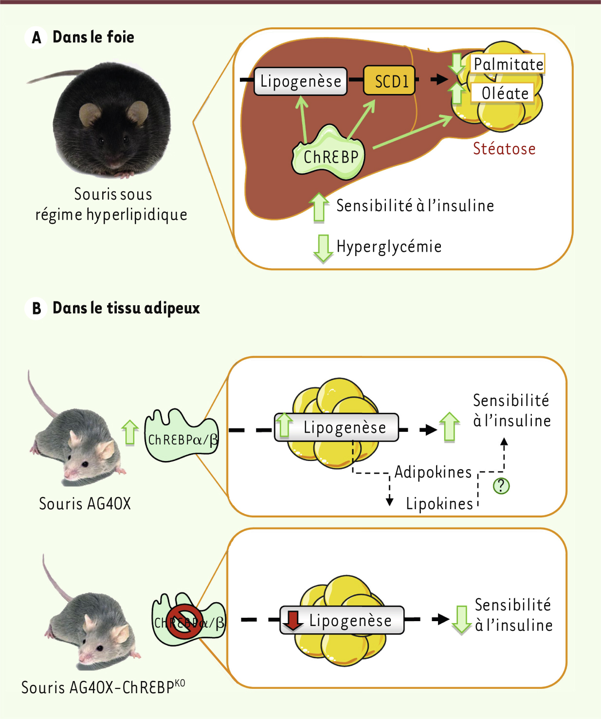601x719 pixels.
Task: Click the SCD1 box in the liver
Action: (x=389, y=80)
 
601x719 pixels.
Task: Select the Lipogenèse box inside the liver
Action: (x=300, y=81)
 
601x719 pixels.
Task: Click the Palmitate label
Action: (x=508, y=64)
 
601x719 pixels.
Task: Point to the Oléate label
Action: (x=504, y=93)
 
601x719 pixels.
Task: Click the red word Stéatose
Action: (x=504, y=148)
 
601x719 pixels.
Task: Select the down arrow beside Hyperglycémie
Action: (x=323, y=248)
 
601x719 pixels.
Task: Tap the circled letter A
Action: (x=36, y=37)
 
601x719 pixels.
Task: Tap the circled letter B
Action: (x=36, y=309)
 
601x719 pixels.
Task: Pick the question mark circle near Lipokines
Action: (x=501, y=485)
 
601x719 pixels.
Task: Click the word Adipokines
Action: (x=433, y=472)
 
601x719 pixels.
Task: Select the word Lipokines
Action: (x=439, y=504)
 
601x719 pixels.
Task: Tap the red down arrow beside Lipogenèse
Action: (x=293, y=620)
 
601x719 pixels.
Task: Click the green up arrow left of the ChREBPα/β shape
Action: (x=129, y=432)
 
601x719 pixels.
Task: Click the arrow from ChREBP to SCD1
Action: (x=362, y=119)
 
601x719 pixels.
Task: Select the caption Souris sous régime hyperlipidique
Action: (x=112, y=204)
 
